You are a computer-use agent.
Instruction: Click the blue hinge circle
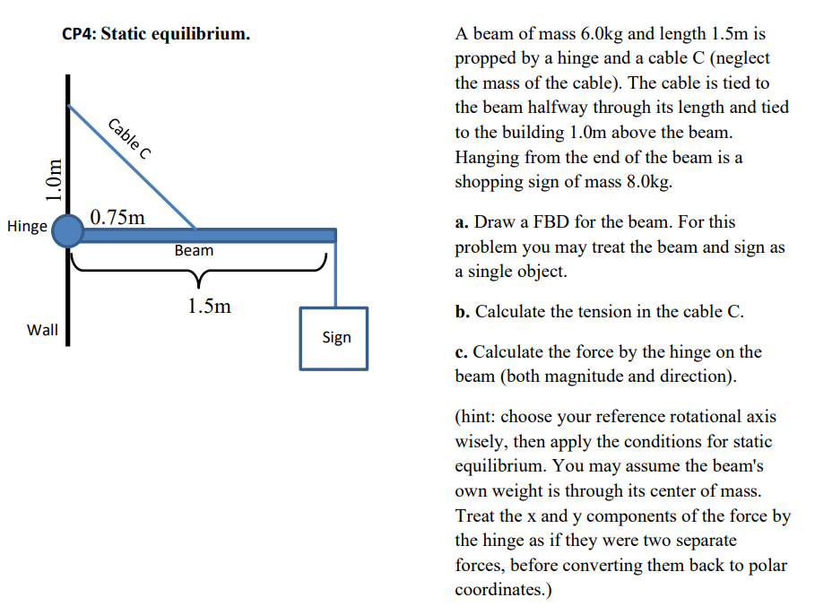point(67,234)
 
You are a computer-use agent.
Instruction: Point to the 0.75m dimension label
point(117,217)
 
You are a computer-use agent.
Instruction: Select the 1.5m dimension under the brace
point(209,306)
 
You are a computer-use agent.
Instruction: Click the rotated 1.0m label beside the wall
point(55,180)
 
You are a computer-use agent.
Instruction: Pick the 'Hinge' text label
point(27,226)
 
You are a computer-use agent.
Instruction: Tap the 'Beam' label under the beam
point(194,250)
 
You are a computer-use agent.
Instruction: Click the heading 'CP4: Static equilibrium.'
point(156,34)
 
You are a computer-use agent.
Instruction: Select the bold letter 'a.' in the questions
point(463,221)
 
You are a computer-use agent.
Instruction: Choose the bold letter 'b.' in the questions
point(463,311)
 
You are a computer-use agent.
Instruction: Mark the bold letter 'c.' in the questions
point(462,352)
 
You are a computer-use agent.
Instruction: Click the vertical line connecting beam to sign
point(334,273)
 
